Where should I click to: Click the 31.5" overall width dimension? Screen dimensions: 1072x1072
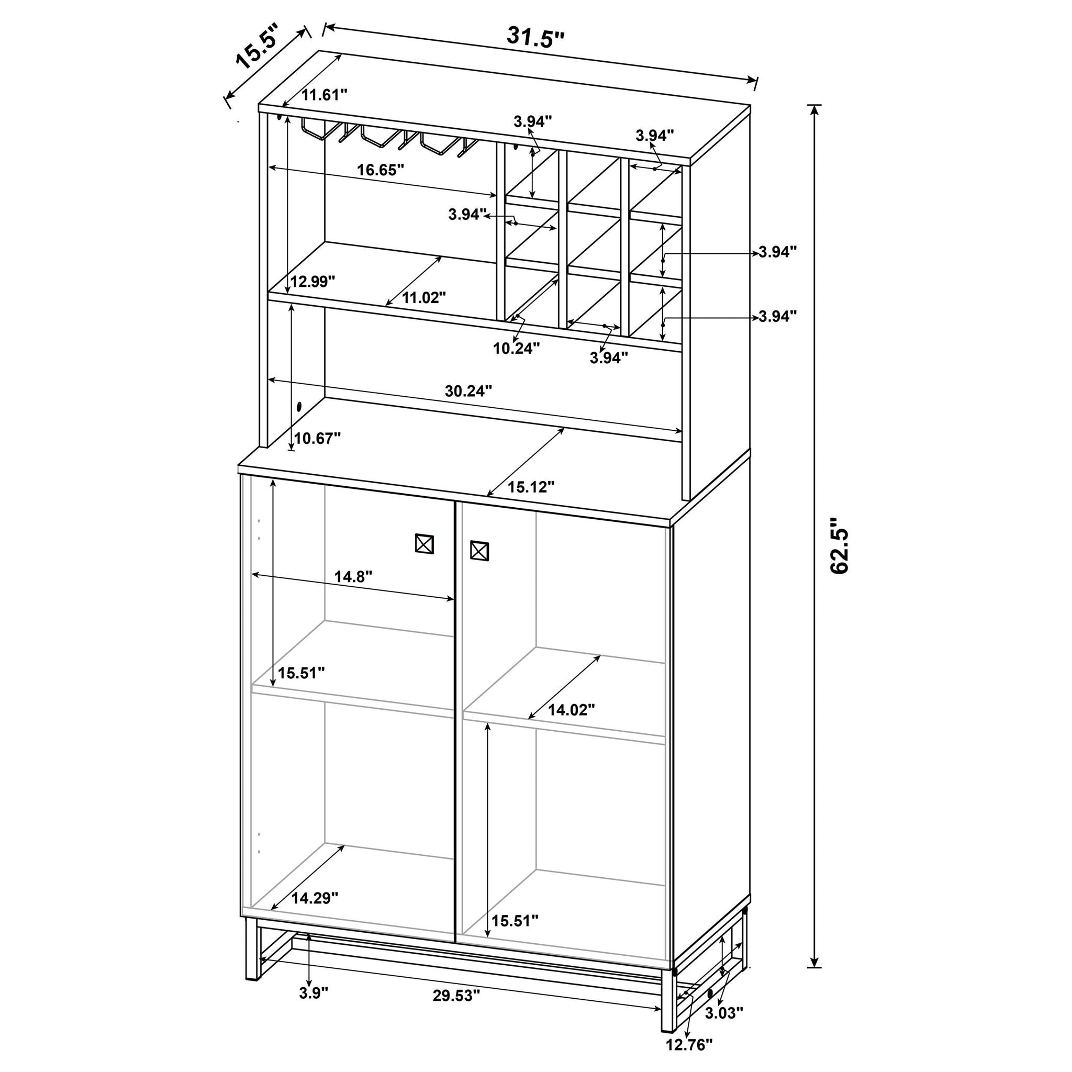tap(535, 38)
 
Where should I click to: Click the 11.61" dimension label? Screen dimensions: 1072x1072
tap(324, 95)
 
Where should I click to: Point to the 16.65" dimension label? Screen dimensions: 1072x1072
tap(380, 170)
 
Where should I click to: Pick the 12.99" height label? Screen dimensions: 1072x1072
tap(313, 281)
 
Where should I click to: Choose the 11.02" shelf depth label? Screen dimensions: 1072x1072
tap(424, 298)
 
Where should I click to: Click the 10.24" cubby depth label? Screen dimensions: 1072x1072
tap(516, 349)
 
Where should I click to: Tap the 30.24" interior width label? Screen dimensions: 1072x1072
tap(468, 391)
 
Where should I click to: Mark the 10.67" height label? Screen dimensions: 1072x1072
tap(317, 438)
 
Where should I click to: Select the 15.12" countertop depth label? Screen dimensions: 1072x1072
tap(531, 487)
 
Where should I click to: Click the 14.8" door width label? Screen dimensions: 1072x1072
tap(353, 576)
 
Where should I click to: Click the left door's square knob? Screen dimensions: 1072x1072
tap(425, 544)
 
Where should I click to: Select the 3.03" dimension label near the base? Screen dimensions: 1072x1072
tap(724, 1013)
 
